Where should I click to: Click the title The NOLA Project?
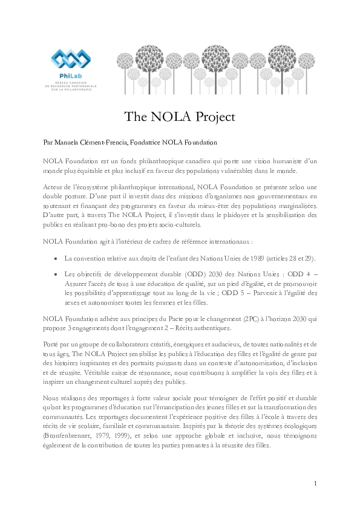pyautogui.click(x=179, y=116)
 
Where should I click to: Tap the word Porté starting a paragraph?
pyautogui.click(x=53, y=345)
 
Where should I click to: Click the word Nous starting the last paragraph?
pyautogui.click(x=53, y=398)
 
